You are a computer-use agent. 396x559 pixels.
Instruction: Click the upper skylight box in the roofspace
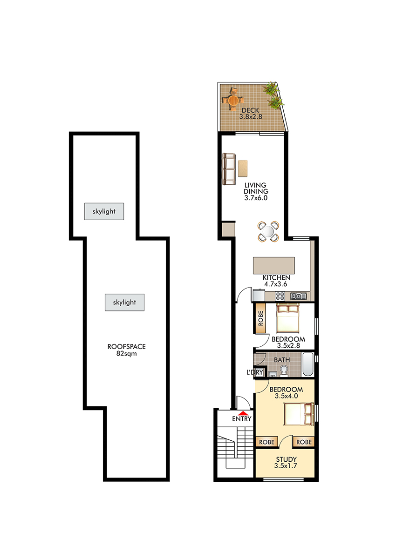(x=104, y=211)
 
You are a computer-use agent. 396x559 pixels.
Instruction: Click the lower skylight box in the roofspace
(x=124, y=302)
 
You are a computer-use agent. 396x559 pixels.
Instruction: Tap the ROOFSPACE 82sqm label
(x=126, y=350)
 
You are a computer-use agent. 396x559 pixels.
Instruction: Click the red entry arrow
(x=243, y=413)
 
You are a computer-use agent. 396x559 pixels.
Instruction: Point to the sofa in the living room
(x=229, y=169)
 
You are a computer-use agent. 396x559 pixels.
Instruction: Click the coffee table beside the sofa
(x=243, y=168)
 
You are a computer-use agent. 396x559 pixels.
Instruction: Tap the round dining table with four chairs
(x=268, y=231)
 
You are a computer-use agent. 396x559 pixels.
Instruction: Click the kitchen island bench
(x=274, y=265)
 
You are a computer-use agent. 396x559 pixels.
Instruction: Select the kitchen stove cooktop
(x=280, y=296)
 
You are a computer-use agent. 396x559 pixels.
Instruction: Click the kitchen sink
(x=298, y=296)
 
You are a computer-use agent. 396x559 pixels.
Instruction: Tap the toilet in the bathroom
(x=284, y=370)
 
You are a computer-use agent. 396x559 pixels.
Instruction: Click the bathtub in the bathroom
(x=308, y=364)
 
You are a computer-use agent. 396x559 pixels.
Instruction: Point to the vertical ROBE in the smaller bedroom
(x=260, y=318)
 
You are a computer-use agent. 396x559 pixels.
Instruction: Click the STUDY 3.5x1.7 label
(x=286, y=463)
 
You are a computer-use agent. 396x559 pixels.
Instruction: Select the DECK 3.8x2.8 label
(x=251, y=113)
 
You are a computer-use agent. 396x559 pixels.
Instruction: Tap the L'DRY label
(x=254, y=372)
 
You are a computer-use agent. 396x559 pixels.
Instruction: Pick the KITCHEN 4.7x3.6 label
(x=276, y=281)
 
